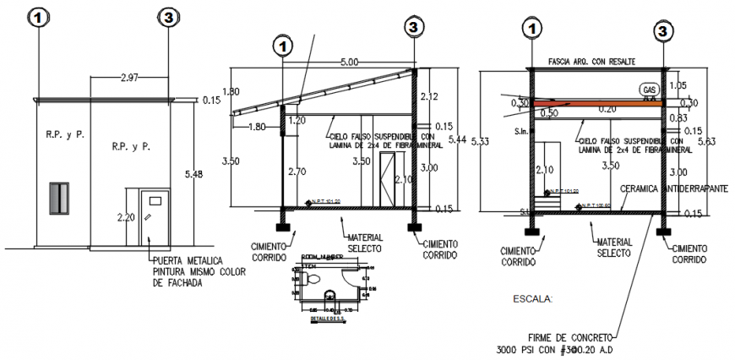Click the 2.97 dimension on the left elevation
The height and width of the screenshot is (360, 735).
(106, 78)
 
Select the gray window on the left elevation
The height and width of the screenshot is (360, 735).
(58, 198)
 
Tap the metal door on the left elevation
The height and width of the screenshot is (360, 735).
(155, 217)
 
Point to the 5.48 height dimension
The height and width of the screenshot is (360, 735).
(194, 175)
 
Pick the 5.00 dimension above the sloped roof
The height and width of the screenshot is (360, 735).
(349, 62)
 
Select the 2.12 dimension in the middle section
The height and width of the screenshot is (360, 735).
(429, 95)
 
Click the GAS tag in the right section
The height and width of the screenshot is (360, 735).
(649, 89)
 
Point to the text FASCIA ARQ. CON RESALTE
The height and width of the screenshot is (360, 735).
(591, 62)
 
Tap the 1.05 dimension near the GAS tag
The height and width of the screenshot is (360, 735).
(678, 85)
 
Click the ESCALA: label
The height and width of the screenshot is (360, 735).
(533, 298)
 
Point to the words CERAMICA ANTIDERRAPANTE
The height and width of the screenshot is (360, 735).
(673, 189)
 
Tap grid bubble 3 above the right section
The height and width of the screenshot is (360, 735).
(665, 30)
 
